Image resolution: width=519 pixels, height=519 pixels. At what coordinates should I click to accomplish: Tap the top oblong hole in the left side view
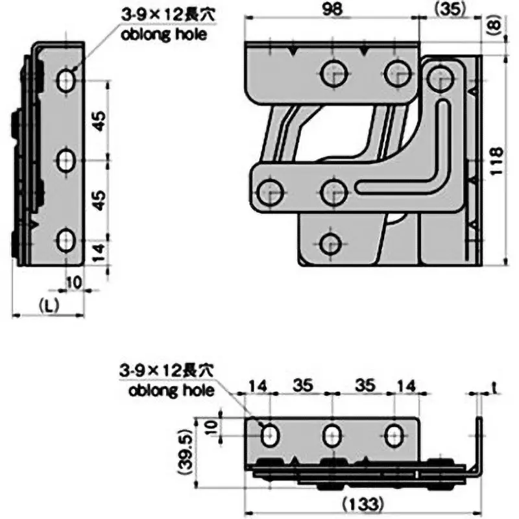click(x=66, y=80)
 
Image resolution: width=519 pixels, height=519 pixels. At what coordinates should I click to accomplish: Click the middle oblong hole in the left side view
click(x=66, y=160)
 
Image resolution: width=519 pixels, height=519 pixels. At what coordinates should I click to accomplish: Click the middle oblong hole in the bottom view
click(x=332, y=434)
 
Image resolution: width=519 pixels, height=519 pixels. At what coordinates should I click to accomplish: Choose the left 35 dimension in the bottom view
click(x=301, y=385)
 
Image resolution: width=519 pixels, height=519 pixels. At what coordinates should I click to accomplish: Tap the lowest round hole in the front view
click(x=332, y=244)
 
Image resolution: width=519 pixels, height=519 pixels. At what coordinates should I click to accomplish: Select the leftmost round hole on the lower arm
click(x=271, y=191)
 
